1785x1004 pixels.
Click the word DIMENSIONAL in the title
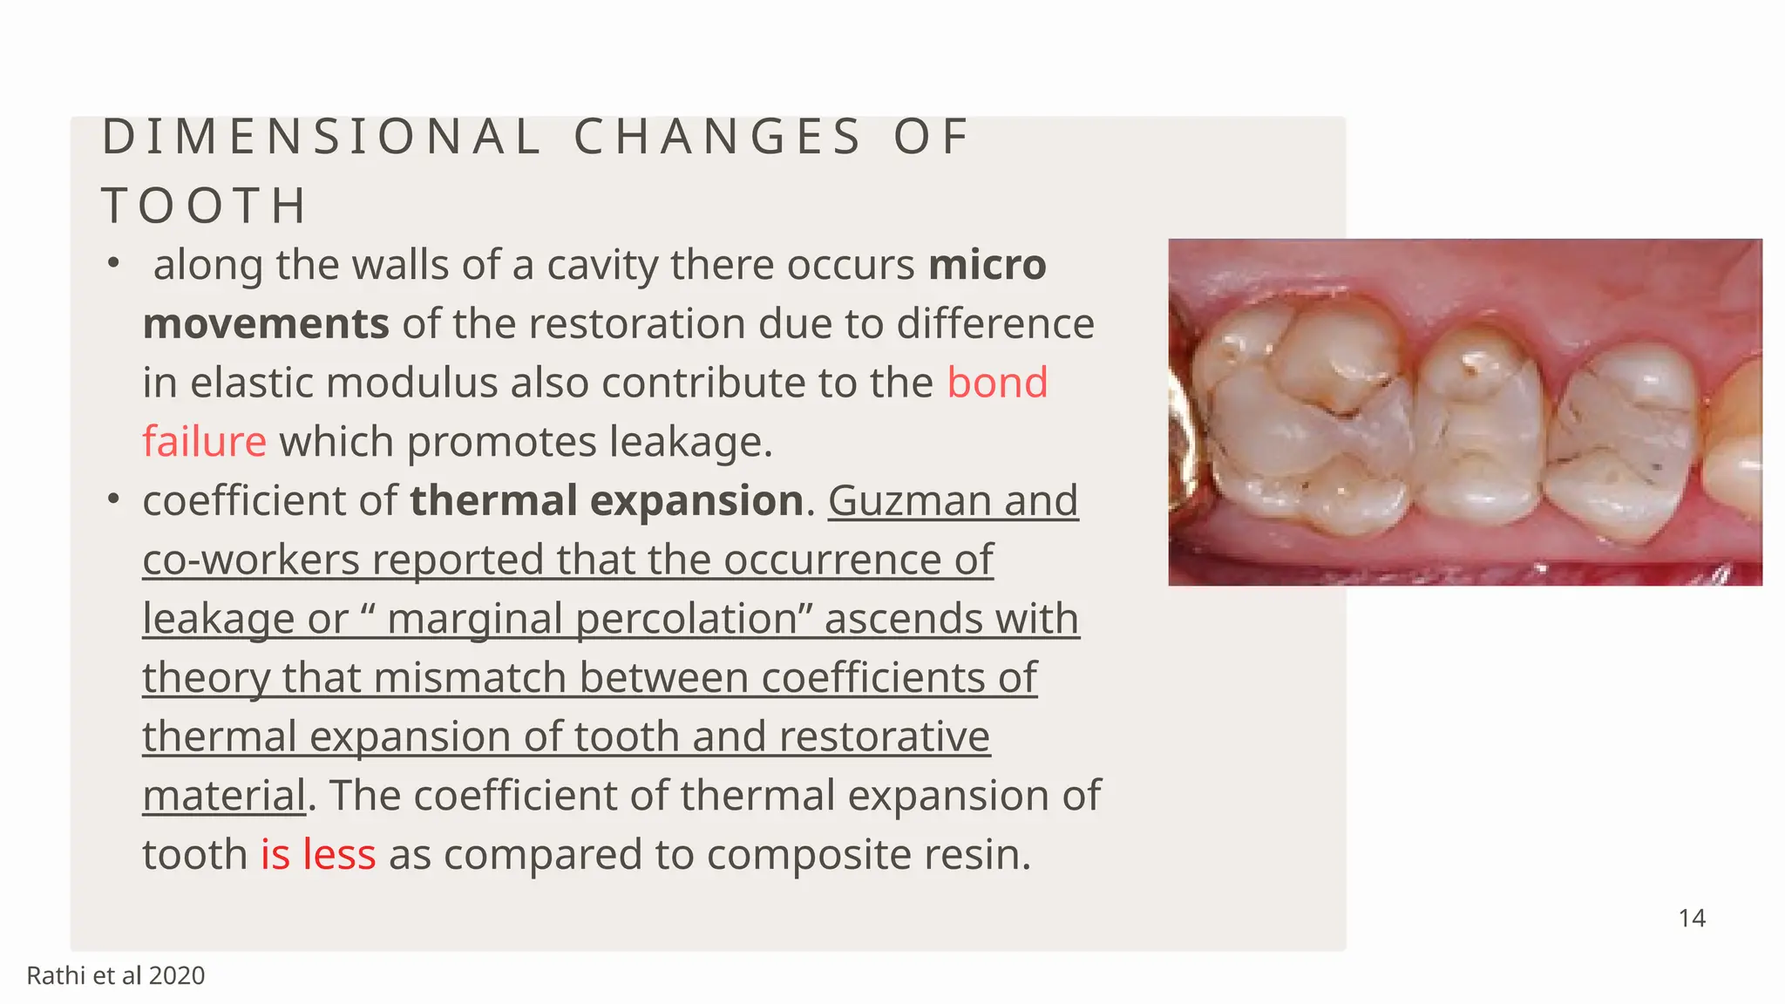tap(322, 137)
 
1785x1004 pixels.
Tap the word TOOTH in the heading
tap(205, 207)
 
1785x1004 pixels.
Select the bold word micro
tap(988, 265)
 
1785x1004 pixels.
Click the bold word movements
tap(266, 324)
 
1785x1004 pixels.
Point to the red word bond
tap(997, 383)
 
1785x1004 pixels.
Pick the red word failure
tap(204, 442)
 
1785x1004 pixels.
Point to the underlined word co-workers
tap(251, 560)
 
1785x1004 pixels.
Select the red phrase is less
tap(318, 854)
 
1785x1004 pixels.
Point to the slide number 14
tap(1692, 918)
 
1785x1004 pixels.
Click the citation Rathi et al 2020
tap(116, 975)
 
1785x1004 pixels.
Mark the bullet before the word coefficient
tap(112, 499)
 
